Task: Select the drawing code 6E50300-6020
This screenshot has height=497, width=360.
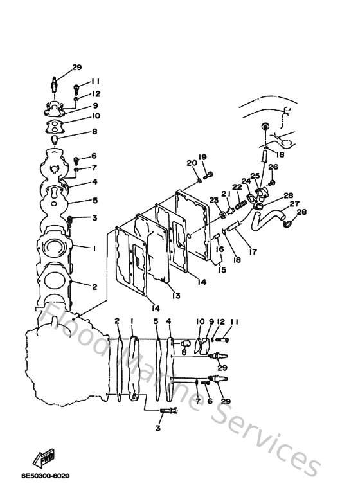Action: click(44, 476)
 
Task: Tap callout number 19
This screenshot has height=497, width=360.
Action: click(202, 157)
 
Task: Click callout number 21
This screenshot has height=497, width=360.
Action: click(225, 194)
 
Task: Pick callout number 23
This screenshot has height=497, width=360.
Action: click(213, 200)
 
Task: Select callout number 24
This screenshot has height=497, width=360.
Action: click(246, 181)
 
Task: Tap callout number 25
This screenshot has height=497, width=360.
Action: click(255, 176)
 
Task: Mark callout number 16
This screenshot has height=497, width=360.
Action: click(220, 249)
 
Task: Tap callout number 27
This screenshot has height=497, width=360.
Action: click(295, 204)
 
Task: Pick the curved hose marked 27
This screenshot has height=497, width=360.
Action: click(271, 219)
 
